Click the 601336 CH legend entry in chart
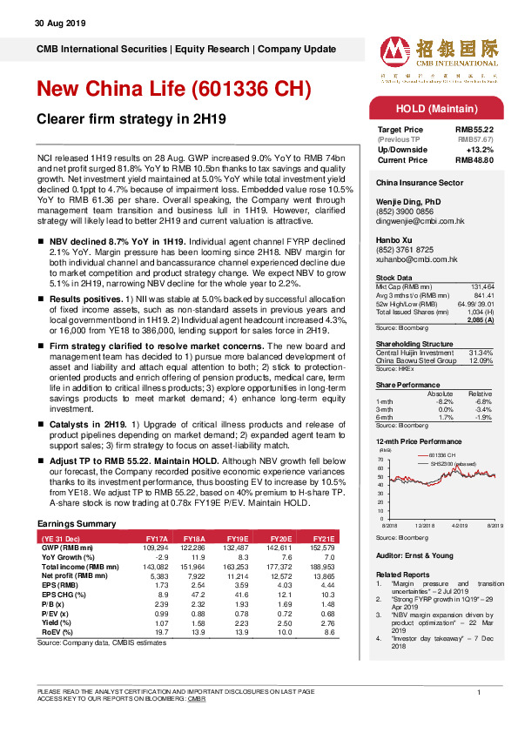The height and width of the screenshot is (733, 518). tap(441, 455)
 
